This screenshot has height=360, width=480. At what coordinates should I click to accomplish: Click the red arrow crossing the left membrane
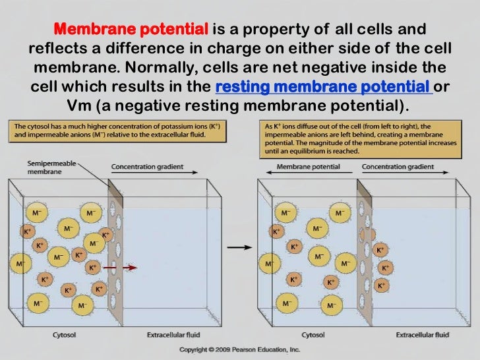pyautogui.click(x=121, y=268)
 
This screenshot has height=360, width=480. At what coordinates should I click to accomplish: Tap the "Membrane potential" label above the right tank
pyautogui.click(x=309, y=167)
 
